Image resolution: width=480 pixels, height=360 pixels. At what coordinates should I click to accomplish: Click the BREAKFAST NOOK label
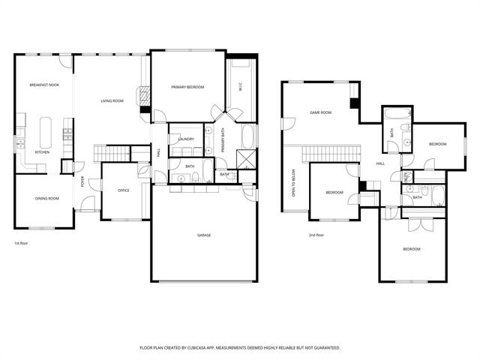(x=45, y=85)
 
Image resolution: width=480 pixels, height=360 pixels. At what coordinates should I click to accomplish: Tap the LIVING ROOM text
(x=112, y=100)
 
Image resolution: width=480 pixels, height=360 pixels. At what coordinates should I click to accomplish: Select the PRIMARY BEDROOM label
(x=187, y=88)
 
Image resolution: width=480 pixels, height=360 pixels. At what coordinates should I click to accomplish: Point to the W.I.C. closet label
(x=240, y=88)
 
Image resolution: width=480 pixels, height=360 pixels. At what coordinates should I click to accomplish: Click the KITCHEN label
(x=43, y=152)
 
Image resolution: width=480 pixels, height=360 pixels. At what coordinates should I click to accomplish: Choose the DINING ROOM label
(x=46, y=199)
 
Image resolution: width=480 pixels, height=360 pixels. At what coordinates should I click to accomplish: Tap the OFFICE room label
(x=124, y=190)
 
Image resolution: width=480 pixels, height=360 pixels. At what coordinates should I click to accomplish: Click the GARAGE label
(x=204, y=235)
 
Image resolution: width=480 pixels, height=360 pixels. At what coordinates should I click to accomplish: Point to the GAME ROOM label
(x=321, y=112)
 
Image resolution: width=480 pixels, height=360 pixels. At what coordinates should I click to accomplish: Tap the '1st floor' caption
(x=22, y=244)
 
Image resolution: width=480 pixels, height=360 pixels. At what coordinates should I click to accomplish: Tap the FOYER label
(x=82, y=182)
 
